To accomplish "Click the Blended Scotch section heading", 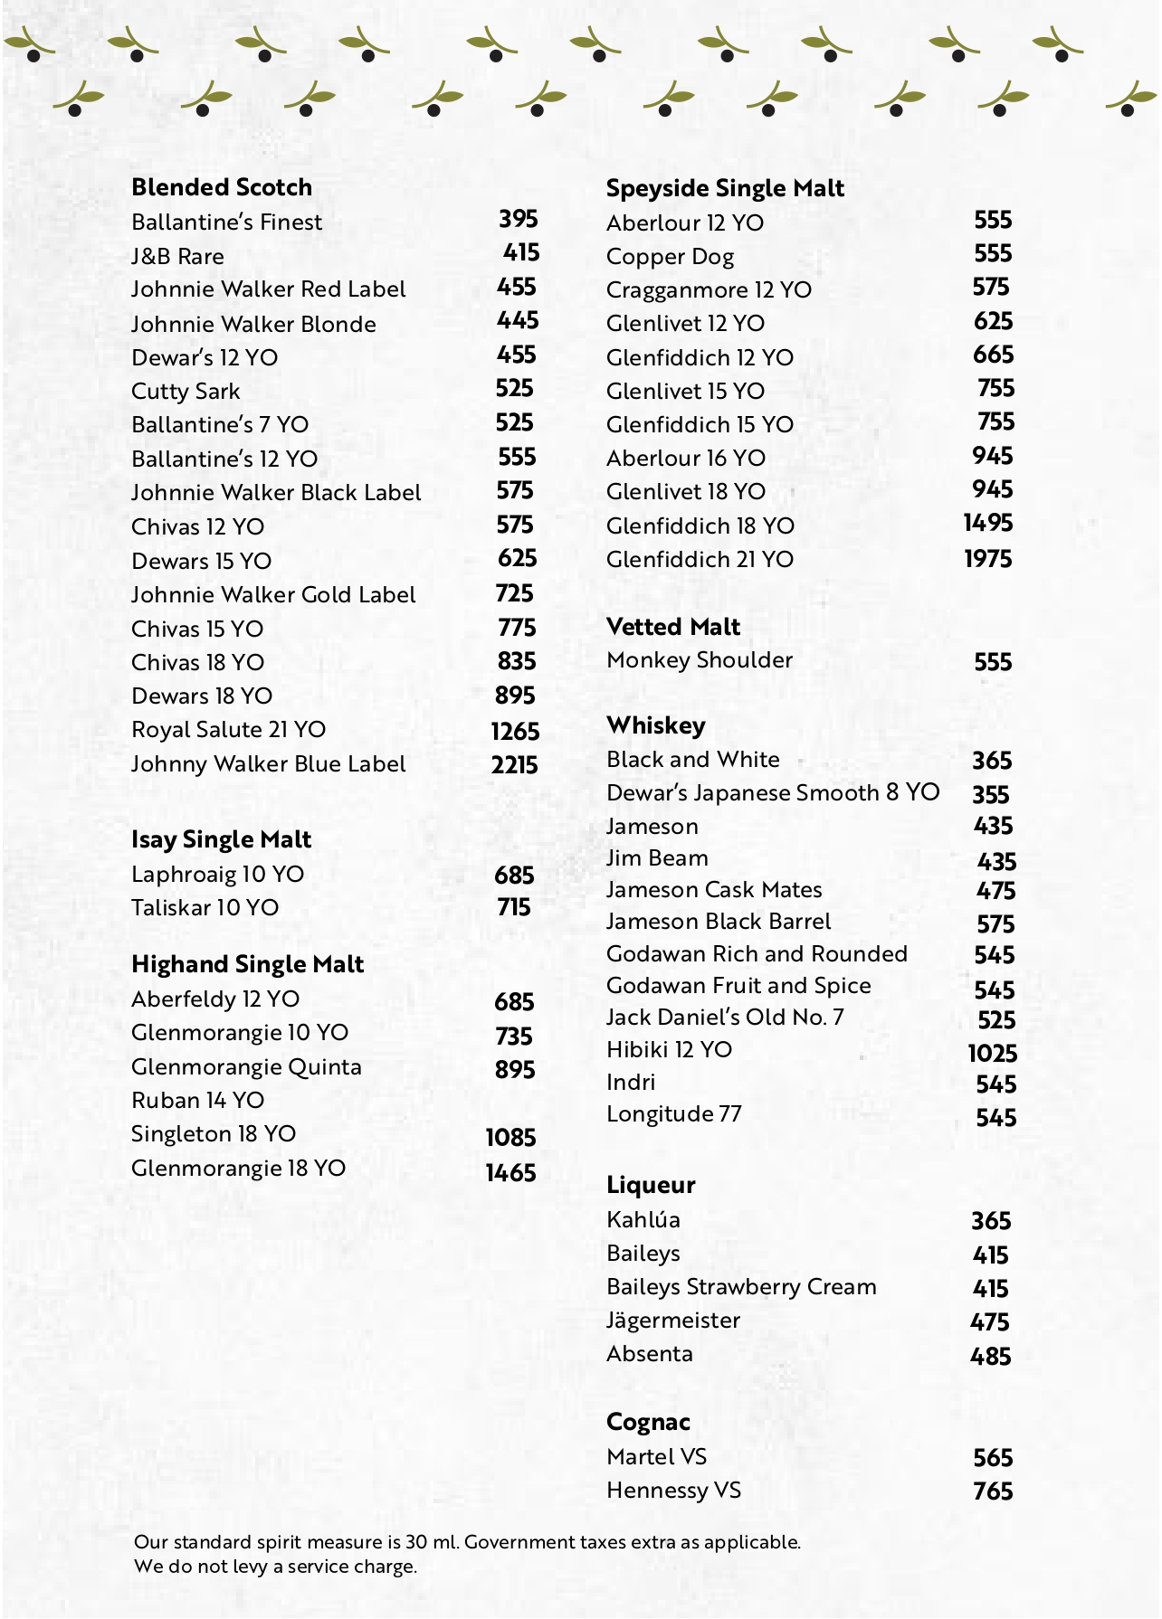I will point(222,187).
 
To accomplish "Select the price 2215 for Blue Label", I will point(514,765).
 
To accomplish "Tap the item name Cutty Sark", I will point(186,392).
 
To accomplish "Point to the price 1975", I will point(987,559).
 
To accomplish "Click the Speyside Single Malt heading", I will point(725,188).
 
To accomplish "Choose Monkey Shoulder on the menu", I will point(700,660).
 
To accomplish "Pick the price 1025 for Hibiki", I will point(992,1054).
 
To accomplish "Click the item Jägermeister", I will point(673,1321).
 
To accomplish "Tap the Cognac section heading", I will point(648,1422).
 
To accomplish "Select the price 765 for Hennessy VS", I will point(992,1491).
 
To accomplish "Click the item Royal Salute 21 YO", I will point(228,730).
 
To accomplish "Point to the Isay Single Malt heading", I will point(221,839).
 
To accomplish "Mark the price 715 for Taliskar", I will point(513,907).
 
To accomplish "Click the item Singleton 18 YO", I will point(214,1134).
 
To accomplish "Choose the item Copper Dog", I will point(670,257).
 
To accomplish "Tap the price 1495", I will point(987,524).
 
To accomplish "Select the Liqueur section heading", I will point(651,1185).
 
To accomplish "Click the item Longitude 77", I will point(674,1114).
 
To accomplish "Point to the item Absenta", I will point(650,1354).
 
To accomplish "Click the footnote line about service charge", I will point(275,1567).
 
